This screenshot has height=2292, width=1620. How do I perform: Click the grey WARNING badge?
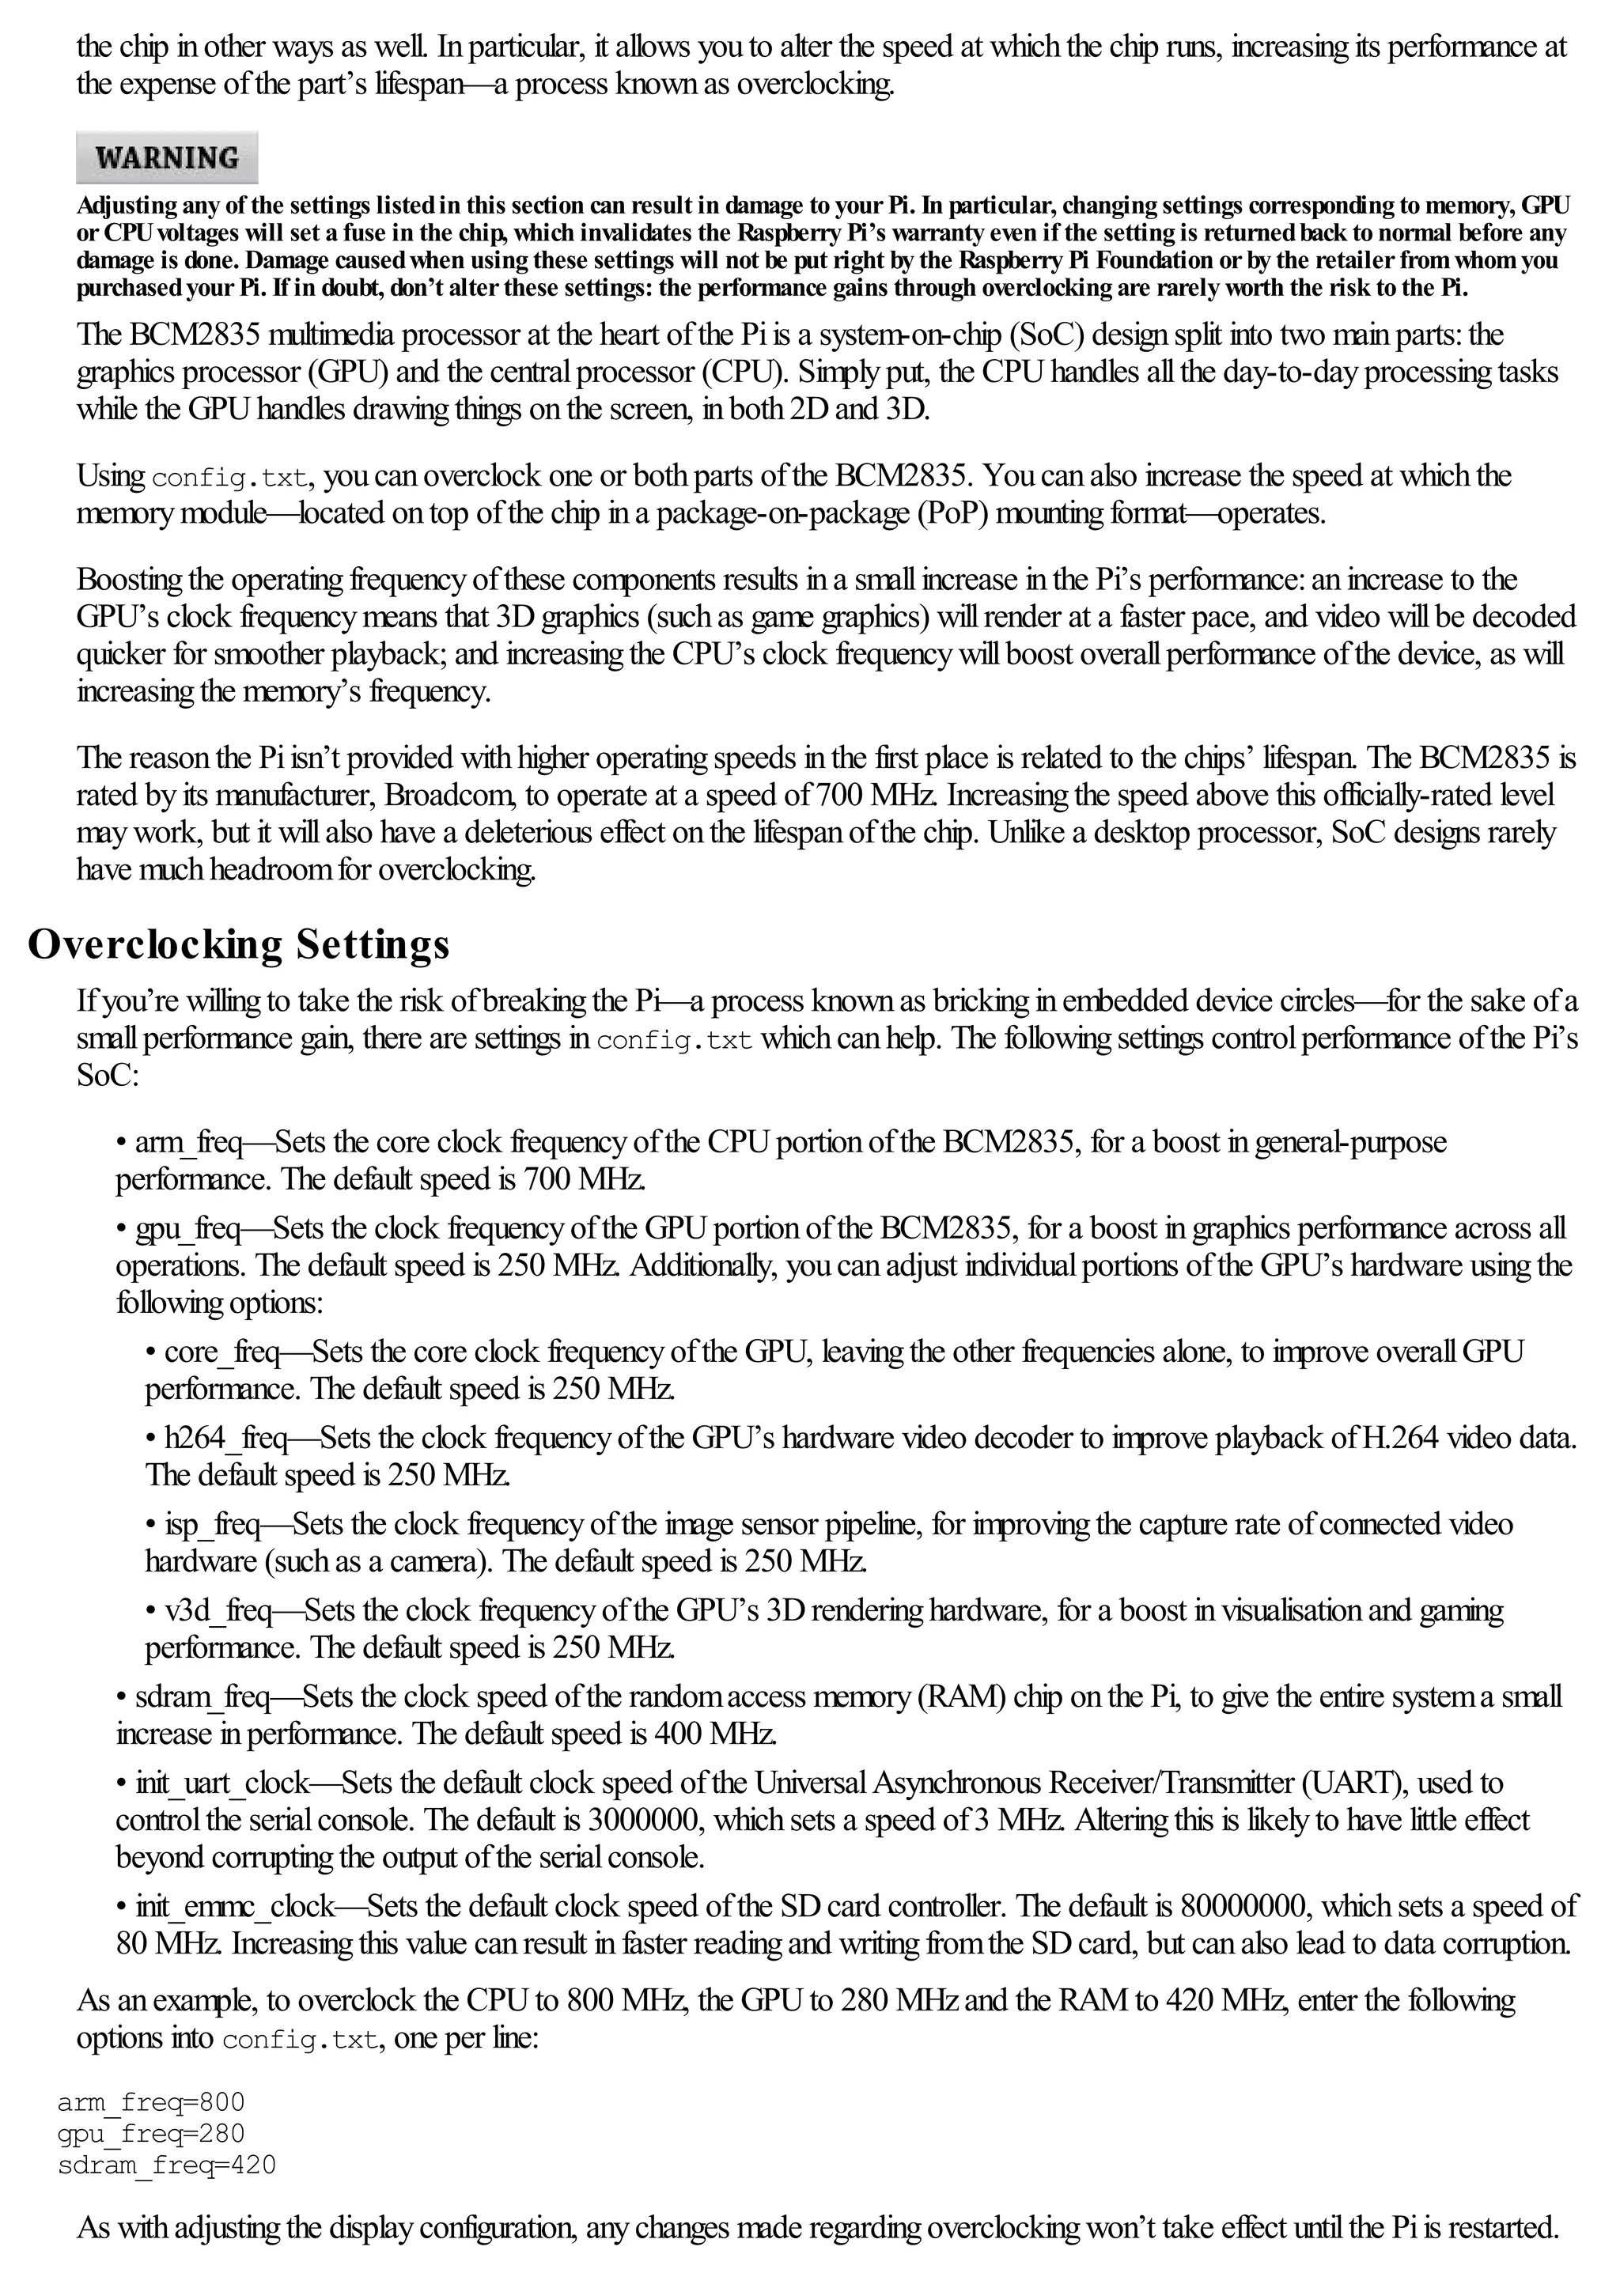[167, 157]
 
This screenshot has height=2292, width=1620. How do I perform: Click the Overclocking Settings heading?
[239, 944]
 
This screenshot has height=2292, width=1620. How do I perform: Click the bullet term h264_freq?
[225, 1439]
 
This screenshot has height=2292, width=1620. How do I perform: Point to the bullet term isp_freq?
[213, 1524]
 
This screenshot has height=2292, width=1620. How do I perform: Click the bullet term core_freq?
[221, 1352]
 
